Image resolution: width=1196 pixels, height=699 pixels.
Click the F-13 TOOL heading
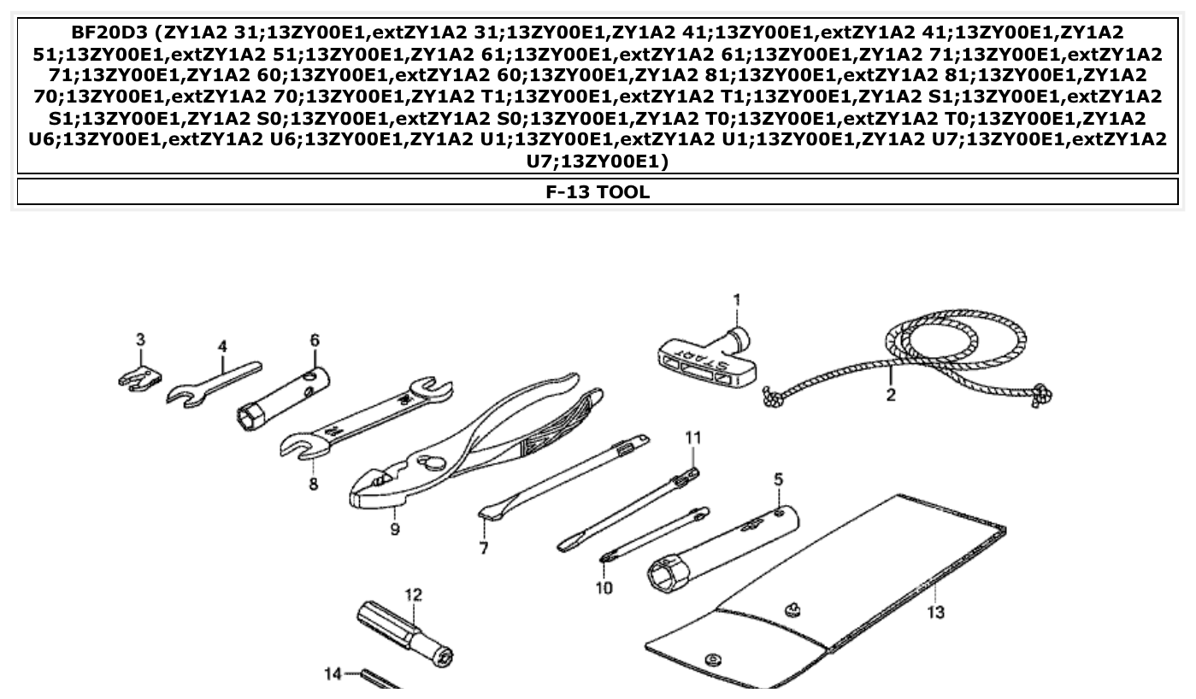point(598,192)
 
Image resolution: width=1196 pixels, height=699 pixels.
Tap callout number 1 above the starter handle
point(736,301)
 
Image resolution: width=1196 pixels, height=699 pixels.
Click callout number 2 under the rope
point(891,395)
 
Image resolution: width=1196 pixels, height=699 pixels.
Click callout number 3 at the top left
point(140,339)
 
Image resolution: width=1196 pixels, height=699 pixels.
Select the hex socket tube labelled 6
point(282,398)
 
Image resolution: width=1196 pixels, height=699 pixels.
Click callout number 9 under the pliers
point(394,529)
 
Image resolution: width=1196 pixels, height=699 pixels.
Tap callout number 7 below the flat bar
point(484,548)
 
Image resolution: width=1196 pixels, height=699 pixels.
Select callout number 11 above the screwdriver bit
point(692,438)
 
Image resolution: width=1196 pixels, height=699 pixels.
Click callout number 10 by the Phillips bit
point(604,588)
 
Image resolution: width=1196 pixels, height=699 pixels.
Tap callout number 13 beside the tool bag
point(935,612)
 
